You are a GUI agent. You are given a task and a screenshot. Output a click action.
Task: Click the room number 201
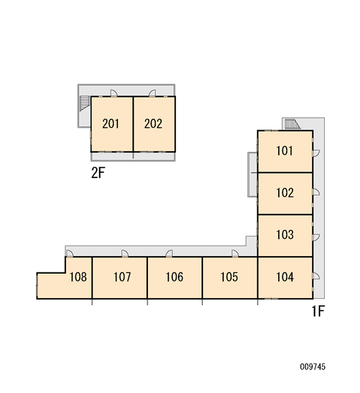pos(111,124)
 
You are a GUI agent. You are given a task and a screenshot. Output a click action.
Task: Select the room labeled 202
pos(153,124)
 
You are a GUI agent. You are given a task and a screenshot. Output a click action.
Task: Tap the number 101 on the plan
pos(284,151)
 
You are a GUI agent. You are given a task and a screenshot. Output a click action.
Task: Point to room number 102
pos(285,193)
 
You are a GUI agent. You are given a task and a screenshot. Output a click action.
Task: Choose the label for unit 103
pos(285,235)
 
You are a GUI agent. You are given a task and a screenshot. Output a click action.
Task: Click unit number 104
pos(285,277)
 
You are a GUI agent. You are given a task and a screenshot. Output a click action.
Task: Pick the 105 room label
pos(229,277)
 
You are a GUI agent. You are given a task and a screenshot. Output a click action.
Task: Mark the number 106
pos(174,277)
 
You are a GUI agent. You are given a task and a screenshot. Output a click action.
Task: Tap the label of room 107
pos(122,277)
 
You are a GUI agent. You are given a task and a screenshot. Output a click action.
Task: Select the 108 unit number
pos(78,277)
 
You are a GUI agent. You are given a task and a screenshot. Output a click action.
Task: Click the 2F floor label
pos(98,173)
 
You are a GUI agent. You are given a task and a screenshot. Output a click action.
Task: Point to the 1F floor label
pos(318,311)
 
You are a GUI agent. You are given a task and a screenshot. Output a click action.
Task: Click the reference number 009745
pos(313,367)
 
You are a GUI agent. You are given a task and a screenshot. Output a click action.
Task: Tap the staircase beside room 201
pos(84,103)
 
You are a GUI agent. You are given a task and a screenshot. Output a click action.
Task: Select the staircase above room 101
pos(293,124)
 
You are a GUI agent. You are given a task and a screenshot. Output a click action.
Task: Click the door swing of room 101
pos(316,153)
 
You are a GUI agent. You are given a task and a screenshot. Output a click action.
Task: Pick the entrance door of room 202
pos(153,93)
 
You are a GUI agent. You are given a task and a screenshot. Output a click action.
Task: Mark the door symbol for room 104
pos(316,276)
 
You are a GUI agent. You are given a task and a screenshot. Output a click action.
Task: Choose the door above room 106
pos(169,253)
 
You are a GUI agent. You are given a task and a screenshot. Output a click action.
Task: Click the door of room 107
pos(125,253)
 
